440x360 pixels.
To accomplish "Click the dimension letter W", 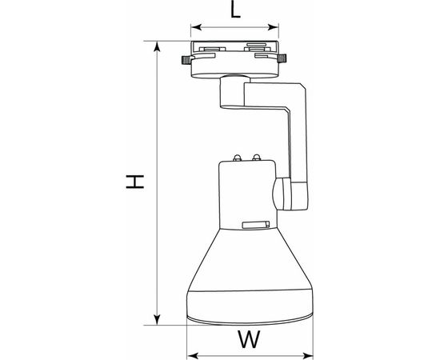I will (x=250, y=340).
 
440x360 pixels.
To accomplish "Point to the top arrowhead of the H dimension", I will (x=157, y=43).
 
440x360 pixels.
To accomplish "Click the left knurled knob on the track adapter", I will (x=185, y=60).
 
